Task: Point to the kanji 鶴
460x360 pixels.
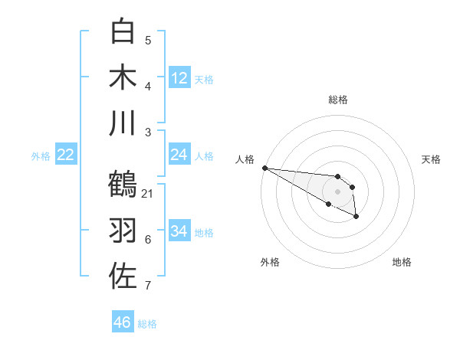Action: pos(123,184)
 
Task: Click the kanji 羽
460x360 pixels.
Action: pos(123,230)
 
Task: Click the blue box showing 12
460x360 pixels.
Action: pos(179,77)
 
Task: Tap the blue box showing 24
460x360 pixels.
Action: pos(179,155)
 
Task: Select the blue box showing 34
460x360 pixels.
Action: pos(179,231)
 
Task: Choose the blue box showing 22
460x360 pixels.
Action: pos(66,155)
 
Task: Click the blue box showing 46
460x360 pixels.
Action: pos(123,322)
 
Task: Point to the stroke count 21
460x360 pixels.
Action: pos(148,193)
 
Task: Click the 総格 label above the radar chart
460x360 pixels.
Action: pos(338,100)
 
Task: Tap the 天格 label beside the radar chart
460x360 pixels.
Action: pos(431,159)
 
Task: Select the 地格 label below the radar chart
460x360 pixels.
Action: pos(402,262)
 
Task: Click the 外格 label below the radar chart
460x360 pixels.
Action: pos(270,262)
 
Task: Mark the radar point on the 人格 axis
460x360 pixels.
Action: pos(264,168)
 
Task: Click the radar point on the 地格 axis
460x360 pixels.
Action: pos(356,217)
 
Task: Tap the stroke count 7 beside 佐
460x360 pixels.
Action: pos(148,286)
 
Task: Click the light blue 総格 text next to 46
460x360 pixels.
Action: pos(147,324)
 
